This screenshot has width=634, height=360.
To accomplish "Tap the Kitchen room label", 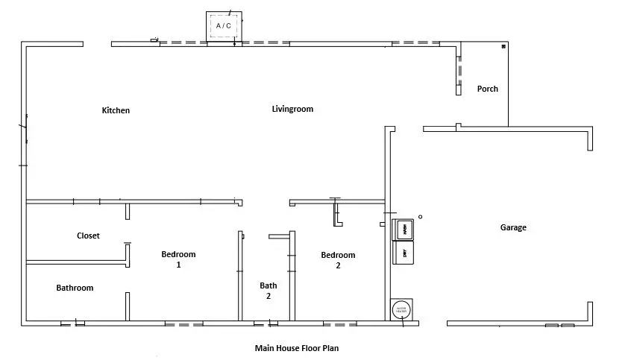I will pos(116,110).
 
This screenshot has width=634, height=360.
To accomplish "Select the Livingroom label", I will pos(292,109).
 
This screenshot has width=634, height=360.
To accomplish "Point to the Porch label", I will pos(488,89).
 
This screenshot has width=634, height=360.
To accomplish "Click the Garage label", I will pos(512,227).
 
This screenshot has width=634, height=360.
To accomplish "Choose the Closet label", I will pos(88,236).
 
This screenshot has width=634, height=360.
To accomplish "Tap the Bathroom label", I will pos(75,288).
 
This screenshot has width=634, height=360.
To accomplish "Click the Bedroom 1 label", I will pos(178,259).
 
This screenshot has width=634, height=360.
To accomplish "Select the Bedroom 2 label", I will pos(338,260).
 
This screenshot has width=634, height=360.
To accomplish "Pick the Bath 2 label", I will pos(269,290).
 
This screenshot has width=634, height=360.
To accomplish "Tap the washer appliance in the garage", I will pos(404,229).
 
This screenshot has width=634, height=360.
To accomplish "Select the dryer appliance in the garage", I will pos(404,253).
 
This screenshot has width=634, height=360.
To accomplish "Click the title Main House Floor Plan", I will pos(296,347).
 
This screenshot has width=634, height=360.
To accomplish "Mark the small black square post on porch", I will pos(503,47).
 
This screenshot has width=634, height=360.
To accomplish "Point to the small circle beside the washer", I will pos(420,217).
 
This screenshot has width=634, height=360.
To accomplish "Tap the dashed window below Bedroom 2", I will pos(339,324).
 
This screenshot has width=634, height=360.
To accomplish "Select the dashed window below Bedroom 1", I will pos(183,324).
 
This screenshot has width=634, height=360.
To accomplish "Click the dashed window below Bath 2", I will pos(266,324).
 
